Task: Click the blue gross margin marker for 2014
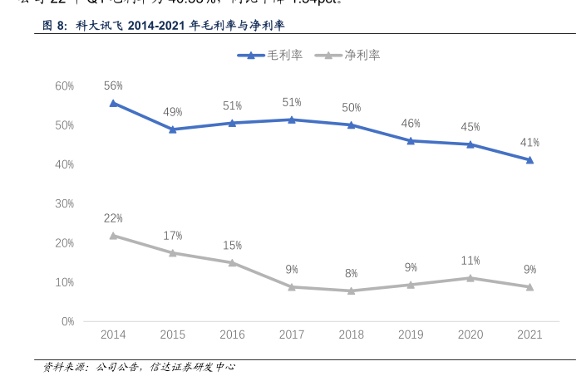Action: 113,104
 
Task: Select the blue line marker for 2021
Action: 529,159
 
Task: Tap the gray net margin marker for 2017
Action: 292,286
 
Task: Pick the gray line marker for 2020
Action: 470,278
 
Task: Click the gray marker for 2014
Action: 113,236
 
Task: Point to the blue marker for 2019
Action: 411,140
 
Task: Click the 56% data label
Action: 113,85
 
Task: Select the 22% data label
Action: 113,218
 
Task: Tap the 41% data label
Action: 529,142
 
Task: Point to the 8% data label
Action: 351,273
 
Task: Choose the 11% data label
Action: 470,261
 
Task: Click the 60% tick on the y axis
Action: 65,85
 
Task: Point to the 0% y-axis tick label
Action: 67,321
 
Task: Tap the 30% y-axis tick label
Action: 65,203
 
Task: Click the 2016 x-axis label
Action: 232,334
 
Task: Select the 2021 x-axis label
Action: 529,334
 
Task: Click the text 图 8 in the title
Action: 54,27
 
